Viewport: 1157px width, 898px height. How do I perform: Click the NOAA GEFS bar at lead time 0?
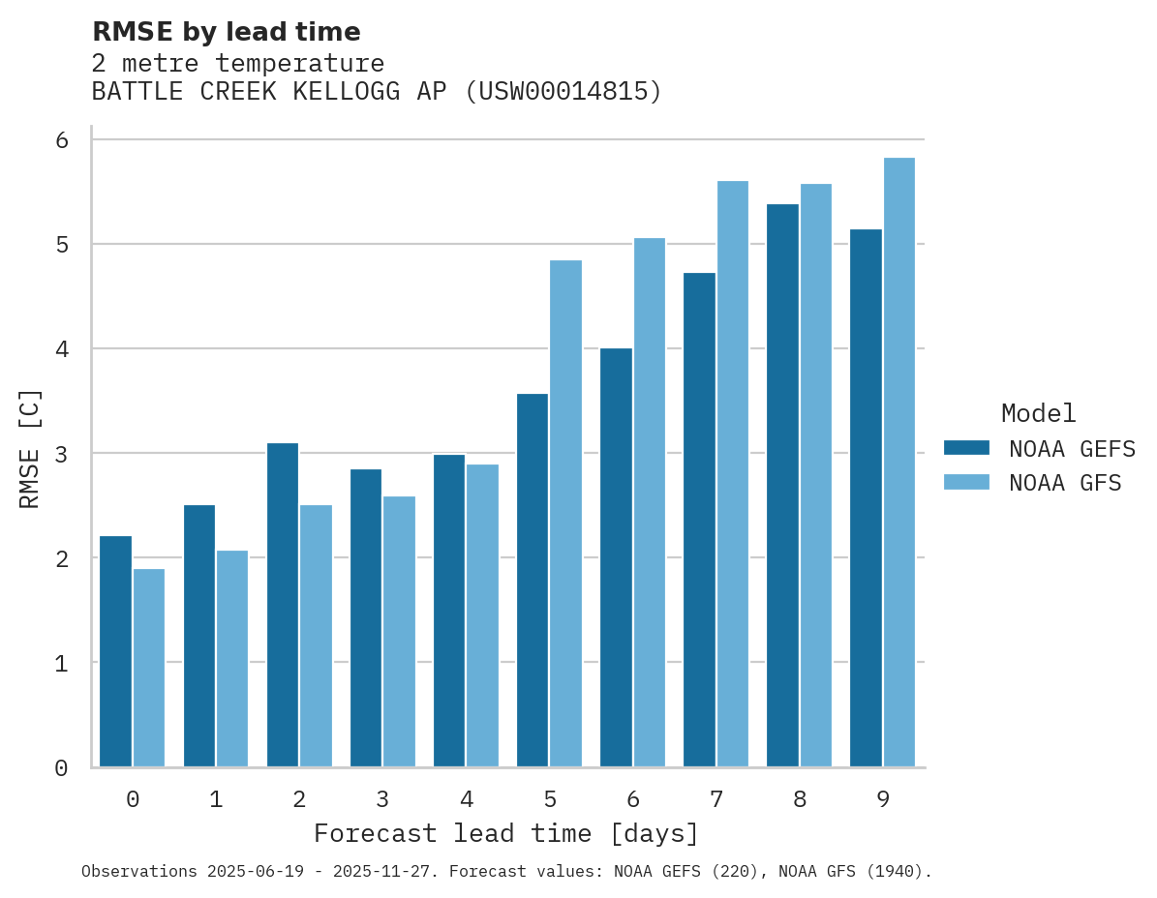pyautogui.click(x=115, y=651)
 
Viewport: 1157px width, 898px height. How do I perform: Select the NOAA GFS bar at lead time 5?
pyautogui.click(x=565, y=513)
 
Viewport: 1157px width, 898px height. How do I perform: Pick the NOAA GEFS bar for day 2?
pyautogui.click(x=282, y=605)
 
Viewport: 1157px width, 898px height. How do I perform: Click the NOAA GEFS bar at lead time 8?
pyautogui.click(x=782, y=485)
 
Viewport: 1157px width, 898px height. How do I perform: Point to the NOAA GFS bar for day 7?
pyautogui.click(x=732, y=473)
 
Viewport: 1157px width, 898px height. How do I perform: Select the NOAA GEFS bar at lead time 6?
pyautogui.click(x=616, y=557)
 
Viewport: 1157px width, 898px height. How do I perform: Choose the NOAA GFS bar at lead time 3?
pyautogui.click(x=399, y=631)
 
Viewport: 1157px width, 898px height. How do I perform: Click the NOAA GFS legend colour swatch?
pyautogui.click(x=966, y=482)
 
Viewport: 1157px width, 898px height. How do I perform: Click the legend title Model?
pyautogui.click(x=1038, y=413)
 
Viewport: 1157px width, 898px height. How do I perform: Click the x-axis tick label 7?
pyautogui.click(x=716, y=799)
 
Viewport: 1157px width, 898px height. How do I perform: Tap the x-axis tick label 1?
pyautogui.click(x=216, y=799)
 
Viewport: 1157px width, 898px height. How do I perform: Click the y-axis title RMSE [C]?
pyautogui.click(x=31, y=447)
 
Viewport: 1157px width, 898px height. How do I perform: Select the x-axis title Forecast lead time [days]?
pyautogui.click(x=505, y=833)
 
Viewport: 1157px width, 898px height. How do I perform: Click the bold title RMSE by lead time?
pyautogui.click(x=226, y=32)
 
